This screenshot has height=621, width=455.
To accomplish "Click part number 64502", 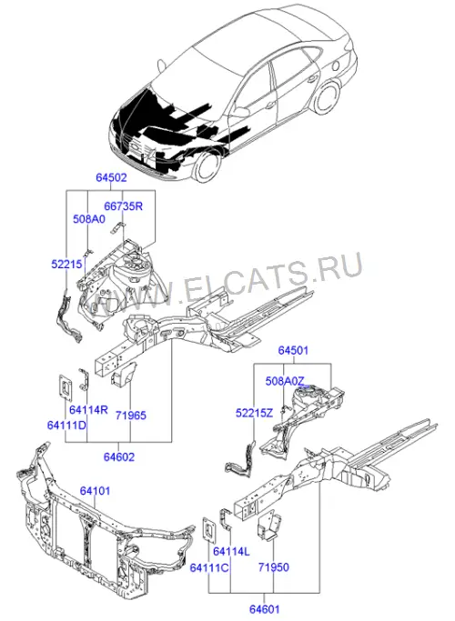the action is point(111,177).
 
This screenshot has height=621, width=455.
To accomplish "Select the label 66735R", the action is point(123,206).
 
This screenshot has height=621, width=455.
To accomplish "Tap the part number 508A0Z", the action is point(285,381).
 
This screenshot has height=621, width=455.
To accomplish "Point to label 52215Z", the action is point(255,413).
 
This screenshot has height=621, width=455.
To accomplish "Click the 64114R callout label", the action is point(89,409).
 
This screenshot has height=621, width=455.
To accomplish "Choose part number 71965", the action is point(131,416).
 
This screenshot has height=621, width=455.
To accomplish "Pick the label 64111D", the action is point(66,425).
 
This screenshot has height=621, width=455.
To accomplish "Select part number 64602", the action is point(119,456).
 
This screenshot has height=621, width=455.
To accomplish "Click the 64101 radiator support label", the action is point(96,491).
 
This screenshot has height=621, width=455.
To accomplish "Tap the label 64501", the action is point(293,350).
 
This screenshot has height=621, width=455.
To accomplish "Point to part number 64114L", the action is point(231,551).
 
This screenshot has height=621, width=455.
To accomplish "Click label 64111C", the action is point(209,567).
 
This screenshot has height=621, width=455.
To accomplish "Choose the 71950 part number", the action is point(274,567).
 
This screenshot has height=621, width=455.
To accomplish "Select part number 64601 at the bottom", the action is point(265,608).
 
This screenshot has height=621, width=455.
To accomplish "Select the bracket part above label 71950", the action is point(269,527).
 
